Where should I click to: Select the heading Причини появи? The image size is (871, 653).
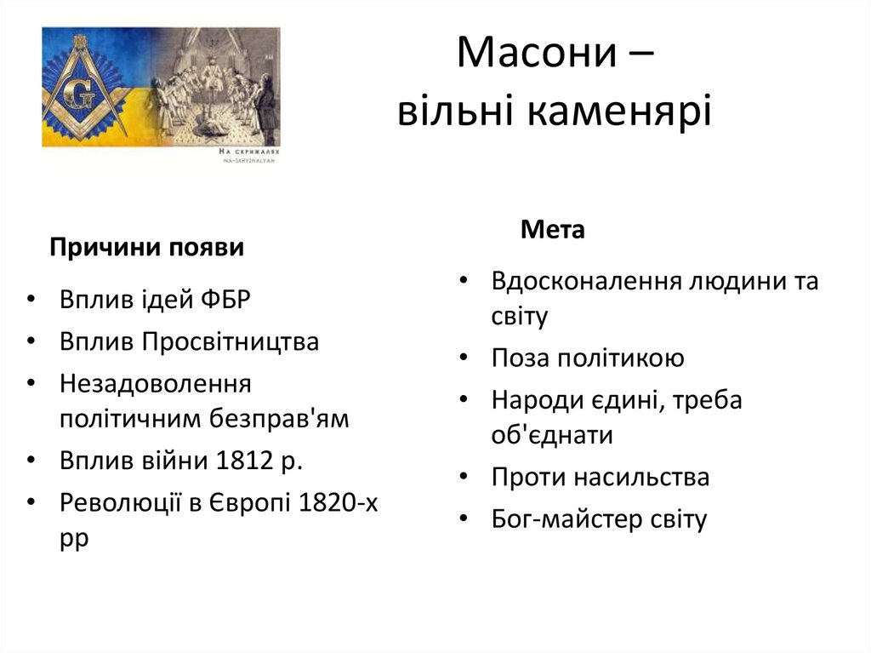coord(147,248)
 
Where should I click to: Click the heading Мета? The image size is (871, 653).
coord(553,230)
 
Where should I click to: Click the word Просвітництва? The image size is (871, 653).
coord(230,342)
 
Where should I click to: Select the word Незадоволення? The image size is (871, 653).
coord(156,384)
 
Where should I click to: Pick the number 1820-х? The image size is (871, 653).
coord(339,502)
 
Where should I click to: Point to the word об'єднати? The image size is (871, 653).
coord(552,435)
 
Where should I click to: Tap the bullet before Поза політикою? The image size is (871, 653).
coord(464,358)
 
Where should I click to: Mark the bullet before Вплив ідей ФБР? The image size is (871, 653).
coord(31,301)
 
